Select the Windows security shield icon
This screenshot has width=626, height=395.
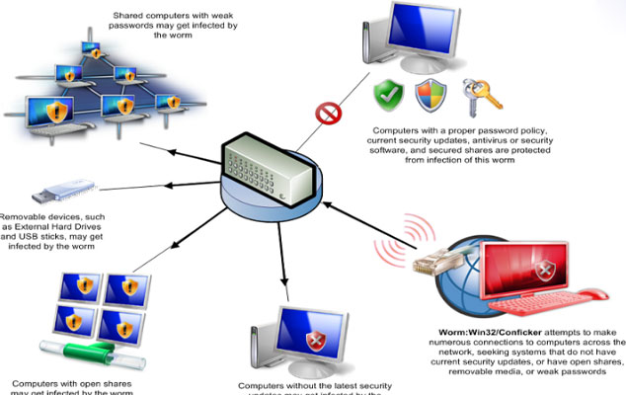pos(430,96)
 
